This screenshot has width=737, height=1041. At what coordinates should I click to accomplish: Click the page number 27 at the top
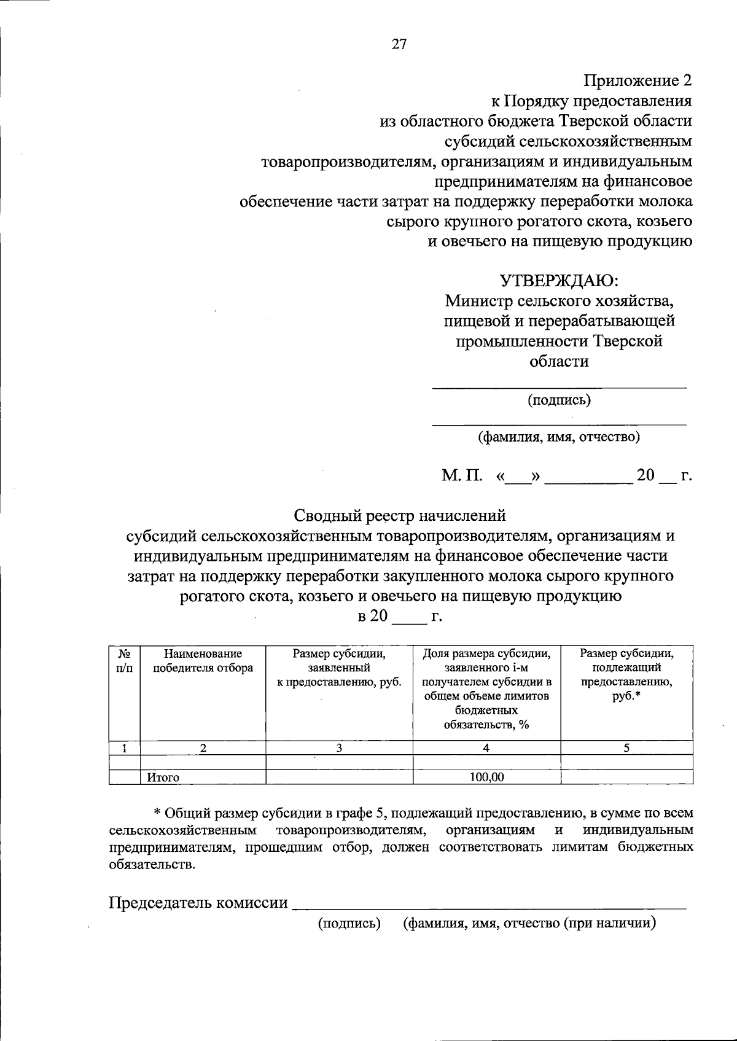(x=399, y=44)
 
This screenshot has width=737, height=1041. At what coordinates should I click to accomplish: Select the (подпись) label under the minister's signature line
(x=559, y=400)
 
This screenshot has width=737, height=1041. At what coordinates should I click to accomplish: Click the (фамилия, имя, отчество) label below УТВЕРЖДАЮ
(x=559, y=437)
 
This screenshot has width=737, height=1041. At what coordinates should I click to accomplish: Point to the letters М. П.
(x=462, y=476)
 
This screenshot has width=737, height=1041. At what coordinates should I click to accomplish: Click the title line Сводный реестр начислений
(x=400, y=514)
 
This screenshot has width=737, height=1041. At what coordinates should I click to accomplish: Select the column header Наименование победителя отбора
(x=203, y=661)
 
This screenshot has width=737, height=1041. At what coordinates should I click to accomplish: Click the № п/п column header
(x=124, y=661)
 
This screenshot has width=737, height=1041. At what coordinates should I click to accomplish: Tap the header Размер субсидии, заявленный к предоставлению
(x=339, y=668)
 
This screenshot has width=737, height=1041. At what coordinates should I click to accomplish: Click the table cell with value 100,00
(x=486, y=778)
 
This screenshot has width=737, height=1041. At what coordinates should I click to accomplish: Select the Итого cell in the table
(x=163, y=778)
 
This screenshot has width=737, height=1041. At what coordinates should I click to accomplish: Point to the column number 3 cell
(x=339, y=747)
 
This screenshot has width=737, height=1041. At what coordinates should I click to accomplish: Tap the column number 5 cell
(x=626, y=747)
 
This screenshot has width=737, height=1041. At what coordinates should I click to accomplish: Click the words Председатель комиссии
(x=198, y=903)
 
